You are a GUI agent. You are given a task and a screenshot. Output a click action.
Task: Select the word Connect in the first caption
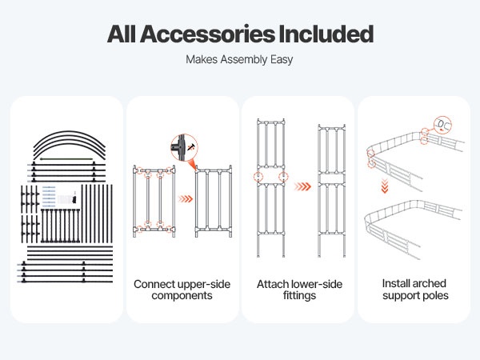(154, 284)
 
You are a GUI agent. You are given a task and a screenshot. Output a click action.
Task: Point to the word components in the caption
(183, 296)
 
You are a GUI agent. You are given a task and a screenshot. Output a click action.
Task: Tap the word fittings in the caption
(298, 296)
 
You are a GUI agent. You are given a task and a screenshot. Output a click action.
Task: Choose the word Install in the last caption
(398, 284)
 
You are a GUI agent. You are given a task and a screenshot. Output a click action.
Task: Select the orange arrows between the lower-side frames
(301, 186)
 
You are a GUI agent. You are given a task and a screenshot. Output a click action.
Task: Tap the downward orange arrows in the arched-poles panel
(384, 188)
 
